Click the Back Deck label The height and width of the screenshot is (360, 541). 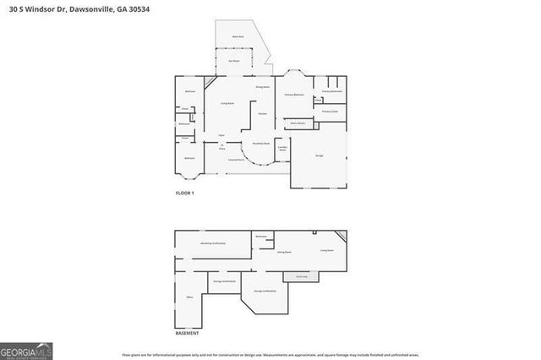[238, 37]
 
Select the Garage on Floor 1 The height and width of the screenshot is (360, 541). [319, 155]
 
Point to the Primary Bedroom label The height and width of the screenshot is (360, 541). [294, 95]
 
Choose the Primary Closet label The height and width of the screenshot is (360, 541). [330, 111]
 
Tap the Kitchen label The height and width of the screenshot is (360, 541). [263, 113]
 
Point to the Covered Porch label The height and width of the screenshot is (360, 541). [236, 159]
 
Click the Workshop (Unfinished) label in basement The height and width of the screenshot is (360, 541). [212, 243]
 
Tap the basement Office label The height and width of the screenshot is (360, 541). [189, 297]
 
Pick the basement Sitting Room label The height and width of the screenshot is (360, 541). [285, 252]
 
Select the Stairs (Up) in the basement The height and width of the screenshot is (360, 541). [300, 276]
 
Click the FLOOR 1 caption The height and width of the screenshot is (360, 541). [184, 194]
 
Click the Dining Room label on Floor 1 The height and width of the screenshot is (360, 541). [263, 86]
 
